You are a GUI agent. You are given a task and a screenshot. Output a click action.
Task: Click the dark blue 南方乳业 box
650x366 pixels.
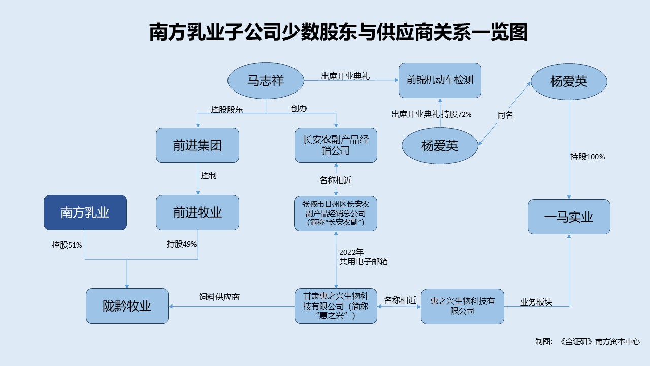[x=85, y=212]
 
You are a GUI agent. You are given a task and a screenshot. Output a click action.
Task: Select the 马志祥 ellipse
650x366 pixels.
[x=265, y=81]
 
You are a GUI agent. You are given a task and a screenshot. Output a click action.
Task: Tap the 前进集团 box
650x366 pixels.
[x=197, y=145]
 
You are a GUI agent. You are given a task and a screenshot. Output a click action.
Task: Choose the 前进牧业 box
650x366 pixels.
[x=197, y=212]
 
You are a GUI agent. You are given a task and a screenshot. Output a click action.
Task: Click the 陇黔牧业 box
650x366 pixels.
[x=127, y=306]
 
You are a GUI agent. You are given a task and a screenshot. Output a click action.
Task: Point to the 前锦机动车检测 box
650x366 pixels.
[x=440, y=80]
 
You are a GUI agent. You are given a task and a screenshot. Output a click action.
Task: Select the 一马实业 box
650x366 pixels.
[x=569, y=217]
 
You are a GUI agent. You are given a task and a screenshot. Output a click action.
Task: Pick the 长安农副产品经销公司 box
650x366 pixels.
[x=336, y=145]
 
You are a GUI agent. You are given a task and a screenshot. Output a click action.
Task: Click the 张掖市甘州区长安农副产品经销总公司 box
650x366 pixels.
[x=336, y=213]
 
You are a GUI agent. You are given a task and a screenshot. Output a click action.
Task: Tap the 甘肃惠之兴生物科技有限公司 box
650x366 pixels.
[x=336, y=306]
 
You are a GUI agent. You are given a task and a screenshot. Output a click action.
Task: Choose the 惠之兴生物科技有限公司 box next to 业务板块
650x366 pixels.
[x=462, y=306]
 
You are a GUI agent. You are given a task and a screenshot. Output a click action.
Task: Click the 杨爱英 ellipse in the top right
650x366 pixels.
[x=569, y=81]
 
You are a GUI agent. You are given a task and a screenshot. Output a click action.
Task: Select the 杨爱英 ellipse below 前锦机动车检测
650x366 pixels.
[x=440, y=146]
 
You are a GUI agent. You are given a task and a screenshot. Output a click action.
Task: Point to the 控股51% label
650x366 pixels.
[x=67, y=245]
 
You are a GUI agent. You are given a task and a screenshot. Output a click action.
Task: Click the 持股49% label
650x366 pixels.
[x=182, y=244]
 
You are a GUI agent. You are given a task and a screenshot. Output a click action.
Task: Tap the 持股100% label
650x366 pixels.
[x=588, y=157]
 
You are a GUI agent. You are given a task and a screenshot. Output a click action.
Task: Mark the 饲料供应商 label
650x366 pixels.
[x=219, y=297]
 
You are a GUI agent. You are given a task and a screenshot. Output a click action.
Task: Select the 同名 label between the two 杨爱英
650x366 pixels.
[x=505, y=115]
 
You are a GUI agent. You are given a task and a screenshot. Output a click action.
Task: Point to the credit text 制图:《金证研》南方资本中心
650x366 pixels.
[x=587, y=342]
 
